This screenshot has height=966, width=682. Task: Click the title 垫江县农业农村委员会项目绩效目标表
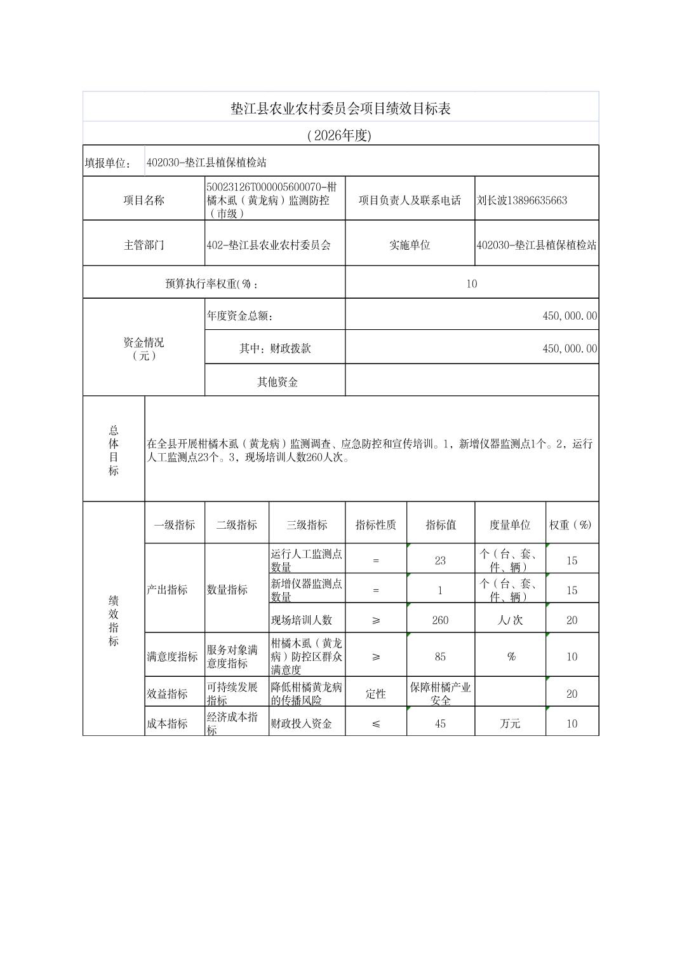coord(340,109)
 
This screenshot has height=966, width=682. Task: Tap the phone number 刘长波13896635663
coord(522,200)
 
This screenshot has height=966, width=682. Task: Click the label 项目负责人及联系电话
coord(410,200)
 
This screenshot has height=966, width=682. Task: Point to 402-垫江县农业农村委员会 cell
coord(269,245)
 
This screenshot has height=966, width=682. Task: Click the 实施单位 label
coord(410,245)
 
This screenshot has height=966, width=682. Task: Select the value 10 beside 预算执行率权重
coord(471,283)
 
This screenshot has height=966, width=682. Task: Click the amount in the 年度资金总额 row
coord(570,316)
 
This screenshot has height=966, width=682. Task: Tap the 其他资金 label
coord(277,382)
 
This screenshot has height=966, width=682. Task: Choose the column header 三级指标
coord(307,525)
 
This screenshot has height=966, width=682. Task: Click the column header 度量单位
coord(509,525)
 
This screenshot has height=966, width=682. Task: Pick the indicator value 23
coord(440,561)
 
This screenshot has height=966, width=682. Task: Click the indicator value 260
coord(440,620)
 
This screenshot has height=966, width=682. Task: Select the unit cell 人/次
coord(509,620)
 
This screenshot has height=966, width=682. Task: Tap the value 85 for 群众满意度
coord(440,656)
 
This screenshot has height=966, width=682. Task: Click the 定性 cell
coord(375,694)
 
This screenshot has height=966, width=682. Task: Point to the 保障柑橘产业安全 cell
coord(440,693)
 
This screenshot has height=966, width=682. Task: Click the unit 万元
coord(509,723)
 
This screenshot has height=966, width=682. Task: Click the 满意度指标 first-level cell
coord(172,656)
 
